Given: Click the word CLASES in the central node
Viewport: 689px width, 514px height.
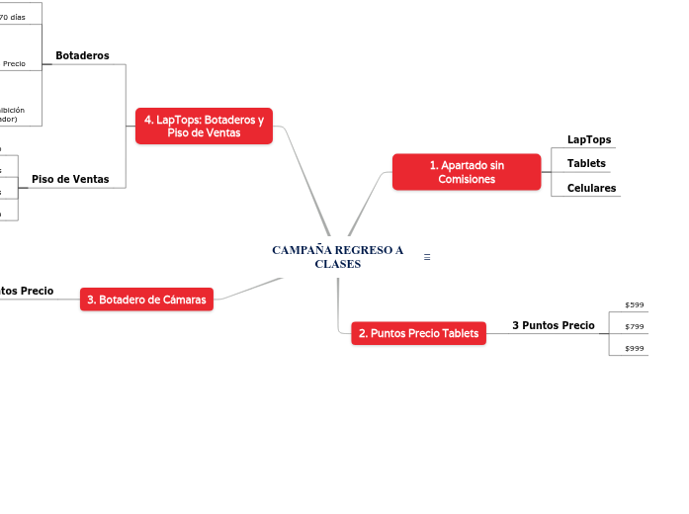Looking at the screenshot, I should [x=338, y=264].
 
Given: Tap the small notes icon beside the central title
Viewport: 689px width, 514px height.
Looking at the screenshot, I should [x=427, y=257].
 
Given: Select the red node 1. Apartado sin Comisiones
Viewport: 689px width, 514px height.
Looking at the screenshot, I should [x=467, y=172].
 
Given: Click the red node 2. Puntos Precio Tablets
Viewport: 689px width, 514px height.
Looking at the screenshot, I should [x=418, y=334].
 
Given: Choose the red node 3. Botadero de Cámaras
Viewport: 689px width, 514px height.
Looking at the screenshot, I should [x=146, y=300].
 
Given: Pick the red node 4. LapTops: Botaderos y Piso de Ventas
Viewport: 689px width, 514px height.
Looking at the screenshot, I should [x=204, y=127].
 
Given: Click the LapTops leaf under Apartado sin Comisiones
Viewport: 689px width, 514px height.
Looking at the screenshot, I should [x=588, y=140].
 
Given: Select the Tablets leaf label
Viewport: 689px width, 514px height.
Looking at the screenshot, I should [x=586, y=163].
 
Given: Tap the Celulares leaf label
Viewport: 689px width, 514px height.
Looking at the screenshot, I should [x=591, y=188].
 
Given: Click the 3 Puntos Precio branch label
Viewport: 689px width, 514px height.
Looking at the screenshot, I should [x=553, y=325].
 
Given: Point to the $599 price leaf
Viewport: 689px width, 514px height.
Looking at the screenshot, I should [x=635, y=304].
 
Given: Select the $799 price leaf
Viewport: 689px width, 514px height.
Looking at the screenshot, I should [x=635, y=326].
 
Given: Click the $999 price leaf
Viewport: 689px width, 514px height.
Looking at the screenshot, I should [x=635, y=348].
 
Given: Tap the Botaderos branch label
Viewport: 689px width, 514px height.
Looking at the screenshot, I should [x=82, y=55].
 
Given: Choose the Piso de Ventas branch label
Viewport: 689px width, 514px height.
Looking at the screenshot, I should [x=70, y=179].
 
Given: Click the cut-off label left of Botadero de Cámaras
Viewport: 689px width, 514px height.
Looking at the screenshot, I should [x=27, y=292].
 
